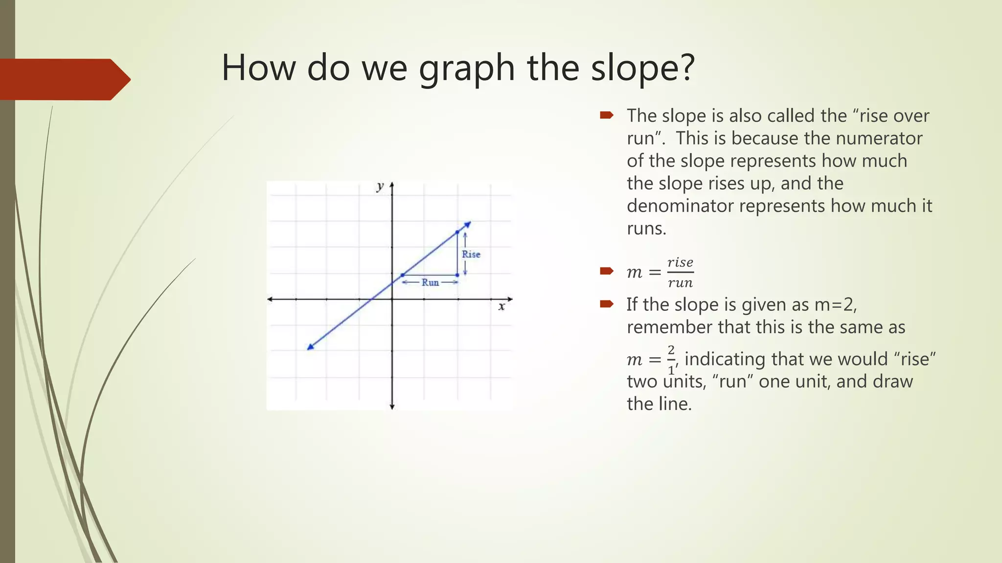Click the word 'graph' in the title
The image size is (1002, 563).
[466, 68]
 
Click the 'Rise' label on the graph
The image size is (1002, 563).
[471, 254]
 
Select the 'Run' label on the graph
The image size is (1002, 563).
[430, 282]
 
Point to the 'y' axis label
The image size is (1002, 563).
[380, 186]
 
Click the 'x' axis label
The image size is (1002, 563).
[501, 307]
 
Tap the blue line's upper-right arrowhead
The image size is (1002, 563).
[467, 224]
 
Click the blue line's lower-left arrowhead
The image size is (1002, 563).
[310, 347]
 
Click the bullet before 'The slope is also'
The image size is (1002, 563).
[607, 115]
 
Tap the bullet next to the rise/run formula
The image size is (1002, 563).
[607, 271]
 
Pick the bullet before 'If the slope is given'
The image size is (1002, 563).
[607, 304]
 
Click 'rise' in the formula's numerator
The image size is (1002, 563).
[680, 262]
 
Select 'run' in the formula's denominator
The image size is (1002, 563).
[680, 282]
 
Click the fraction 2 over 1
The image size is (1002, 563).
[671, 360]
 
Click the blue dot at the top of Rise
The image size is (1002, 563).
[457, 232]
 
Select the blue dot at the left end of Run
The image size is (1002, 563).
[402, 275]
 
